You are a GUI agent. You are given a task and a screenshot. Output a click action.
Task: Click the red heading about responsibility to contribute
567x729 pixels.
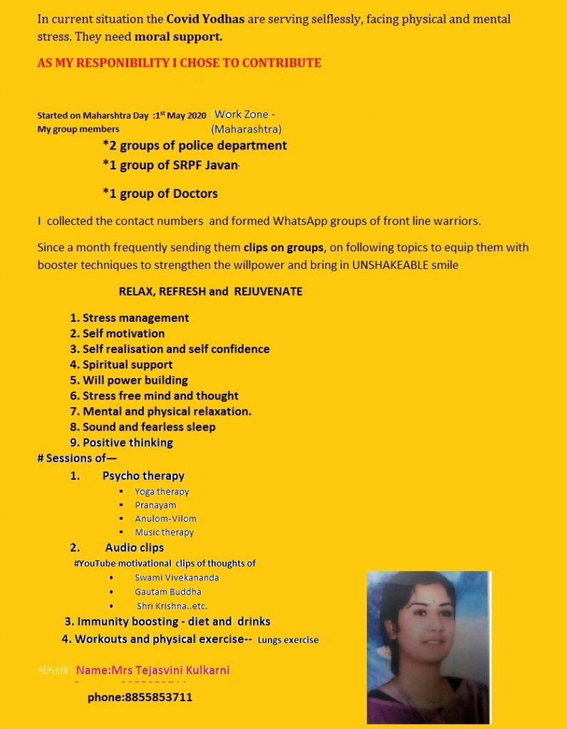click(179, 63)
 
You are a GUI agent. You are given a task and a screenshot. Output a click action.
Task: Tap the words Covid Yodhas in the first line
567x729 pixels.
click(206, 19)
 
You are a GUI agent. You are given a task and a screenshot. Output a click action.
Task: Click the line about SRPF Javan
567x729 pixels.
click(172, 166)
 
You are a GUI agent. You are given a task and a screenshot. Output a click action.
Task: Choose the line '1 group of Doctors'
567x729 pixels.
click(160, 193)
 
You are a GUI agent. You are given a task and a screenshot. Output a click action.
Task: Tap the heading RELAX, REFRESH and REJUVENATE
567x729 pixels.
click(210, 291)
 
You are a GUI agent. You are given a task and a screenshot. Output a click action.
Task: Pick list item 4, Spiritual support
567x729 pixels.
click(121, 364)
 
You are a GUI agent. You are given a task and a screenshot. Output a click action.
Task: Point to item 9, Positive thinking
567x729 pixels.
click(121, 443)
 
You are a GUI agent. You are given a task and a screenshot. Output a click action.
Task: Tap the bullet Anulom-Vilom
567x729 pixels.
click(165, 519)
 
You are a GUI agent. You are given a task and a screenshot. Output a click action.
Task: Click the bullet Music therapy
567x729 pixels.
click(164, 533)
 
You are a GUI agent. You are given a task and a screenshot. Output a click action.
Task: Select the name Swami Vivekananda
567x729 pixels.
click(177, 577)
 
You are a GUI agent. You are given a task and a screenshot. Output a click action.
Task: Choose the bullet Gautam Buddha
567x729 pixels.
click(167, 592)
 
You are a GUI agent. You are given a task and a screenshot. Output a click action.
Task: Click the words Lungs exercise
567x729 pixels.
click(288, 640)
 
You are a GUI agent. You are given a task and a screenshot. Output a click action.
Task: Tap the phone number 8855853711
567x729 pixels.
click(140, 698)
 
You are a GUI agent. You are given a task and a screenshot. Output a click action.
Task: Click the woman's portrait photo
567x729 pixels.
click(428, 646)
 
